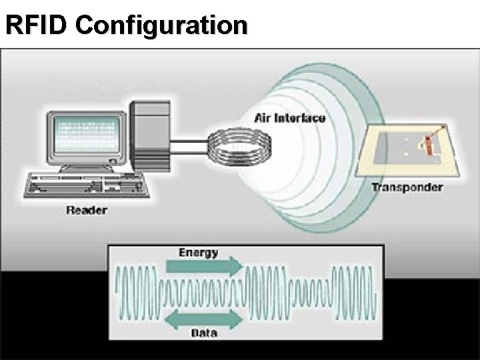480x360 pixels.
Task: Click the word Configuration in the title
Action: click(161, 25)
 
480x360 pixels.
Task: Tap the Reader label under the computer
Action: click(87, 211)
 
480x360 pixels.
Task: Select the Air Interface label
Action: click(290, 118)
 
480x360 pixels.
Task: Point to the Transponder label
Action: click(406, 187)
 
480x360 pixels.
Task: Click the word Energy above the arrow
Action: click(199, 253)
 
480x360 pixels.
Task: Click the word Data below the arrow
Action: click(204, 333)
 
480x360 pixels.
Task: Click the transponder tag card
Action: click(409, 150)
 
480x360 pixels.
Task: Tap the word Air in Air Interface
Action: click(262, 118)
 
